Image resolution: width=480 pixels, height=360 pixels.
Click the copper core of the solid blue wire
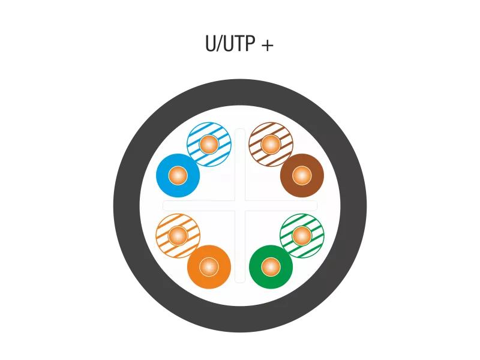[178, 176]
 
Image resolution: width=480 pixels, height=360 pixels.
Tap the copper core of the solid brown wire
[302, 176]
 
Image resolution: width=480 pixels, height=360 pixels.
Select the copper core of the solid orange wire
[209, 267]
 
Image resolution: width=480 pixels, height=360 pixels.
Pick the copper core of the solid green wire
[271, 267]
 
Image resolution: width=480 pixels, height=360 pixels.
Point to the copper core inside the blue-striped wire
[209, 145]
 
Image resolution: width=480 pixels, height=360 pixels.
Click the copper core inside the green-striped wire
[302, 236]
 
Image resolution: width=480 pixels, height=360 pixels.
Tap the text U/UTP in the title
[230, 43]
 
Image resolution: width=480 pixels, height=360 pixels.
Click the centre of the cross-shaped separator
[240, 206]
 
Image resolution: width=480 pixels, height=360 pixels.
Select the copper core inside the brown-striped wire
[271, 145]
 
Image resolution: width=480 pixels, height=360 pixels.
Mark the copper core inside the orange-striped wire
[178, 236]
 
